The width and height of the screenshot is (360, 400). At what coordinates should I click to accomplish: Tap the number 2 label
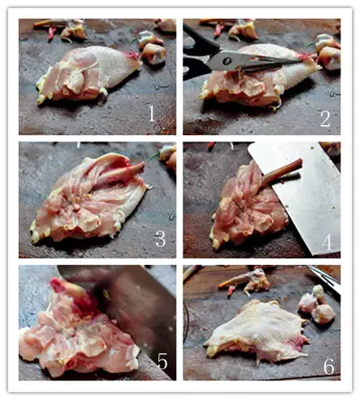325,119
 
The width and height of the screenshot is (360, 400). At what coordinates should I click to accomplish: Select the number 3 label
160,239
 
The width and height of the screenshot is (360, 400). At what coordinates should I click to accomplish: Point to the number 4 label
327,242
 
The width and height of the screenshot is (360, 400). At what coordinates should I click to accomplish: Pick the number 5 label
162,360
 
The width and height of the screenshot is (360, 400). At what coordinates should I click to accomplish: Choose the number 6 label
328,366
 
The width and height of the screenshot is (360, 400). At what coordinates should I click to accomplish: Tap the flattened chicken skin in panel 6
258,332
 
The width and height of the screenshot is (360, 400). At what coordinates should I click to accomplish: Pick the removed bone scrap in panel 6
245,281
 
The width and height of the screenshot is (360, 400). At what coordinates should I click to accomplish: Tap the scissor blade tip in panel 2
300,61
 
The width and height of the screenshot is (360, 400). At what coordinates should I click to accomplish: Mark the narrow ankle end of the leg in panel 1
132,57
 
